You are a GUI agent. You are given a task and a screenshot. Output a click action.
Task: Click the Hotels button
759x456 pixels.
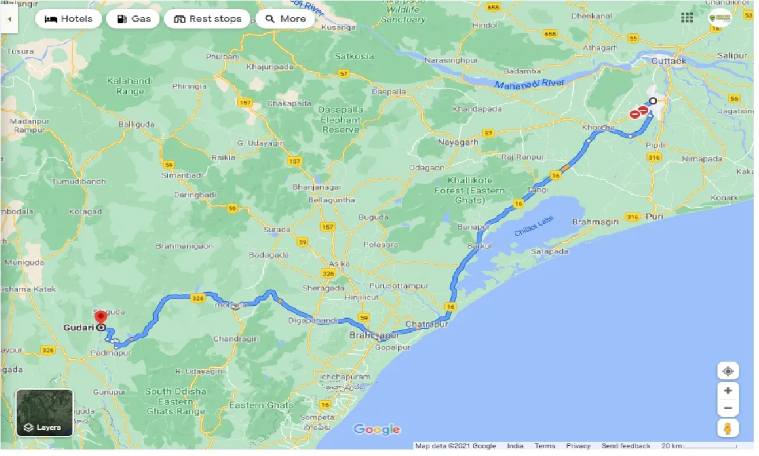68,19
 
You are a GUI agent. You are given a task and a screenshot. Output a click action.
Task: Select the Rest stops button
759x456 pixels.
207,19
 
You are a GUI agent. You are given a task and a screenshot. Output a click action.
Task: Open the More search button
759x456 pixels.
285,19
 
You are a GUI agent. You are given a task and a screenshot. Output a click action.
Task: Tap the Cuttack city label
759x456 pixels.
668,61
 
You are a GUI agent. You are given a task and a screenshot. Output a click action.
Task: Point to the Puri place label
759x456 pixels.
654,217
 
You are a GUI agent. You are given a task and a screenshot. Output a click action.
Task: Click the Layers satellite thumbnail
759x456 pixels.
44,413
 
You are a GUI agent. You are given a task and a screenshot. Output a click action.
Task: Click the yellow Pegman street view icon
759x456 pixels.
728,427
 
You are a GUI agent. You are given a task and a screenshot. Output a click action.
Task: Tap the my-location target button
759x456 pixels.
728,372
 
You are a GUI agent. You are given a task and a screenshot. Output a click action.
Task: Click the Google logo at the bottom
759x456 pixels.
377,429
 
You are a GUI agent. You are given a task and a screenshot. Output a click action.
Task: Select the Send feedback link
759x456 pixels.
626,446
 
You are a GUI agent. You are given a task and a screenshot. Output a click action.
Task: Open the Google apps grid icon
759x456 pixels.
687,18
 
